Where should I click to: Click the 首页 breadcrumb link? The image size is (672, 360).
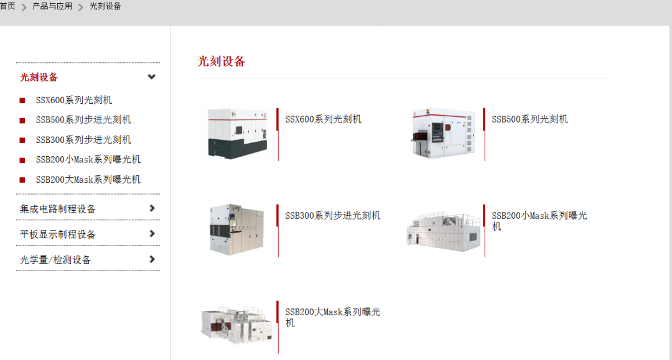click(x=7, y=6)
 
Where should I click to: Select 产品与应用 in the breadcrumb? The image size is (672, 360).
click(x=52, y=6)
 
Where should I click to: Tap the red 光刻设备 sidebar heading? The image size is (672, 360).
click(x=39, y=77)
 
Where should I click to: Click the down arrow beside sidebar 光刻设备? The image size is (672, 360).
click(x=151, y=77)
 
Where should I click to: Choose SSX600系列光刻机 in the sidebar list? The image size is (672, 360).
click(x=73, y=100)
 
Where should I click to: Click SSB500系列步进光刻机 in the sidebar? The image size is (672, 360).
click(x=83, y=120)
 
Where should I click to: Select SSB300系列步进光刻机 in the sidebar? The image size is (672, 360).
click(x=83, y=140)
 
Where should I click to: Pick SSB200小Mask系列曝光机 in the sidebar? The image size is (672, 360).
click(x=88, y=160)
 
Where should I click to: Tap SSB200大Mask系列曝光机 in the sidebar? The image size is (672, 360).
click(x=88, y=180)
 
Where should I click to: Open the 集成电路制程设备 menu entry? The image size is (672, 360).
click(x=57, y=209)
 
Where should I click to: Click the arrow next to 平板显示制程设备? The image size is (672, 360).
click(x=152, y=234)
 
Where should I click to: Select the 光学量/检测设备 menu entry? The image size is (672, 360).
click(x=55, y=260)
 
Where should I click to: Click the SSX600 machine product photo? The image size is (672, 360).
click(x=237, y=134)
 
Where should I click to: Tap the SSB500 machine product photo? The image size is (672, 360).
click(x=444, y=133)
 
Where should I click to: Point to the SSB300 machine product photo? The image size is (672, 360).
click(x=236, y=229)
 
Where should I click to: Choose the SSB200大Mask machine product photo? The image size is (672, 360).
click(x=236, y=325)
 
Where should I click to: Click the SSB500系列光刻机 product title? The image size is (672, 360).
click(x=530, y=119)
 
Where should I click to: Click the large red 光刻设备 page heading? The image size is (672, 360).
click(x=221, y=62)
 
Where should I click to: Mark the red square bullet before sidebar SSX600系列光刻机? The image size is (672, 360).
click(x=22, y=101)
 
